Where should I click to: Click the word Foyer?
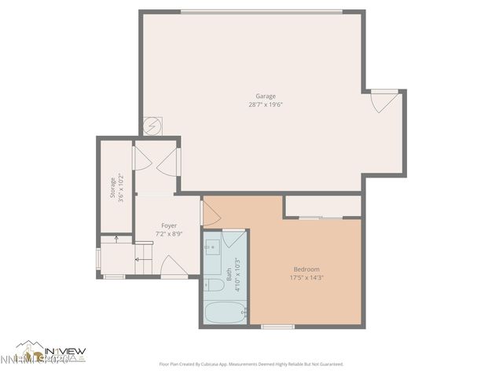(x=169, y=225)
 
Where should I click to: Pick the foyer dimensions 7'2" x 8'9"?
(x=169, y=234)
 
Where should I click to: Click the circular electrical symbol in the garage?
(x=152, y=126)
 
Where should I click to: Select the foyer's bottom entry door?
(x=173, y=268)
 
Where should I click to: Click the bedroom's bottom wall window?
(x=277, y=326)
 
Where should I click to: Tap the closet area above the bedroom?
(x=323, y=206)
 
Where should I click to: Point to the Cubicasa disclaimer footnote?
(x=251, y=364)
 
